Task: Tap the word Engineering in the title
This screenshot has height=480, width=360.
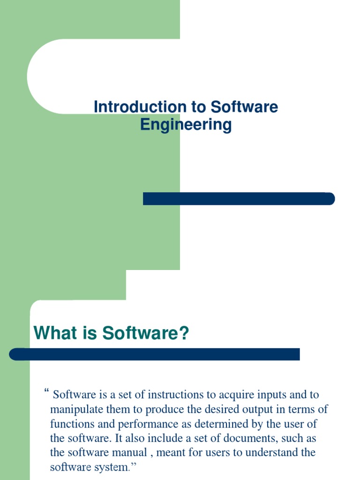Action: coord(186,125)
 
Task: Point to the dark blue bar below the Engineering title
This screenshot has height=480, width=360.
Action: coord(239,199)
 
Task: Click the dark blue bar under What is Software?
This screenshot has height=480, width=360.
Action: coord(155,354)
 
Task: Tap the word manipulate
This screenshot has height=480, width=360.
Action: coord(73,409)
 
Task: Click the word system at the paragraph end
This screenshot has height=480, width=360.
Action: coord(114,467)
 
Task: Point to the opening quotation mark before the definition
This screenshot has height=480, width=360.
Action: coord(46,391)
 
